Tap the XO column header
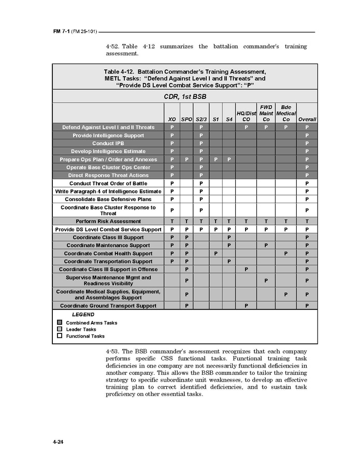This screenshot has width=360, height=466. [x=171, y=119]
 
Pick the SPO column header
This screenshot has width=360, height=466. [x=186, y=119]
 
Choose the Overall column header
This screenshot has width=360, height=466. [x=307, y=119]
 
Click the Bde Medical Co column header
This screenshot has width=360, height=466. [x=286, y=113]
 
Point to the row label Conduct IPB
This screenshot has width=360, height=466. [x=108, y=144]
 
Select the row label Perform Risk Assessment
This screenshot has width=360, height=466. [x=108, y=221]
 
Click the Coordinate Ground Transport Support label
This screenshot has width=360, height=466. [x=108, y=306]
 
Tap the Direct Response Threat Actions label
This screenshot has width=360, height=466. [x=108, y=176]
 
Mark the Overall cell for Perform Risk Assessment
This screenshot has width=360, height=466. [x=307, y=221]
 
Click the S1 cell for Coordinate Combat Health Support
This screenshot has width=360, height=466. [x=215, y=253]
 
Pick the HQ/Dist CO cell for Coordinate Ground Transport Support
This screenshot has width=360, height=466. [x=246, y=306]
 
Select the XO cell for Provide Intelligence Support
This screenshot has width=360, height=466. [x=171, y=135]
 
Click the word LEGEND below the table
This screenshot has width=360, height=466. [x=83, y=315]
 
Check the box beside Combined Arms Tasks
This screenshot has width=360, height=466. [x=60, y=322]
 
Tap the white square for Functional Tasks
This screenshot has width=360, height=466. [x=60, y=335]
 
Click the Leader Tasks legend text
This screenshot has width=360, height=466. [x=81, y=329]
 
